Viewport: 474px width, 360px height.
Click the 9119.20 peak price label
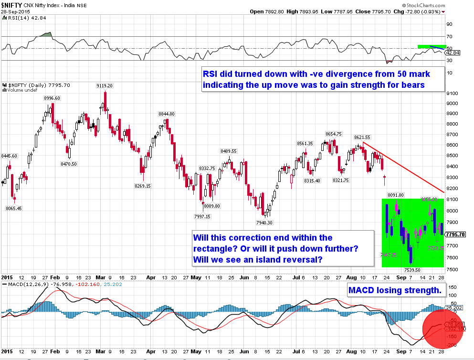104,86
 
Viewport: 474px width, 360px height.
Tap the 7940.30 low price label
263,222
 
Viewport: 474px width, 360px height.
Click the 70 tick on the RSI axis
449,36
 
